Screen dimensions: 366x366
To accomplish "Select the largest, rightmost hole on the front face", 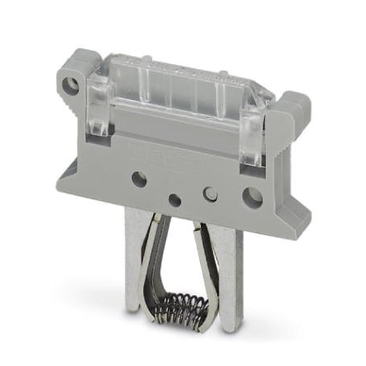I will point(251,196).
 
